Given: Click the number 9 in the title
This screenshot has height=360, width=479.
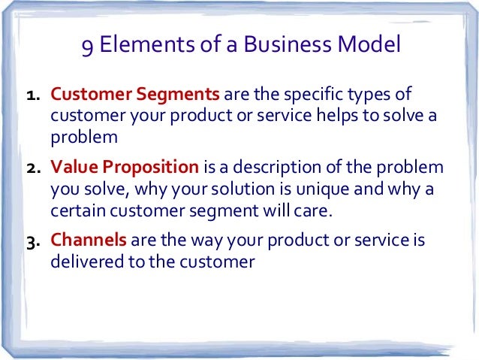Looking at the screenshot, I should [88, 48].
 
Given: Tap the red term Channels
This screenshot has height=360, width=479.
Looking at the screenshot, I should [89, 241].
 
